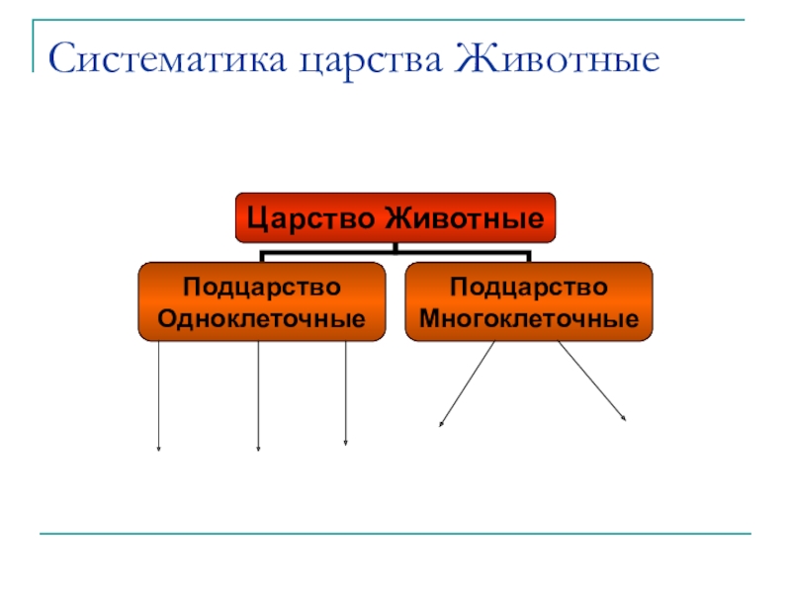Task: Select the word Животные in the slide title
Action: coord(559,60)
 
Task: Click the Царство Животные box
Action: coord(395,217)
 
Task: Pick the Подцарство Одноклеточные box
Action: coord(261,302)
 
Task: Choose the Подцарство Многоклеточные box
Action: coord(529,302)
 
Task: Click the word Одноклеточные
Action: coord(261,319)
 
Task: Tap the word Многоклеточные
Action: coord(529,319)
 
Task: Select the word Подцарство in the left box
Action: coord(261,287)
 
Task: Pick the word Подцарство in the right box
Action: coord(529,287)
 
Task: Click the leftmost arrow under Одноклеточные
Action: coord(158,395)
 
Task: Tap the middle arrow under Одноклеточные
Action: coord(258,395)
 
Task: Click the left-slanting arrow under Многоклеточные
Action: coord(467,384)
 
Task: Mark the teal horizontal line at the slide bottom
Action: coord(395,535)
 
